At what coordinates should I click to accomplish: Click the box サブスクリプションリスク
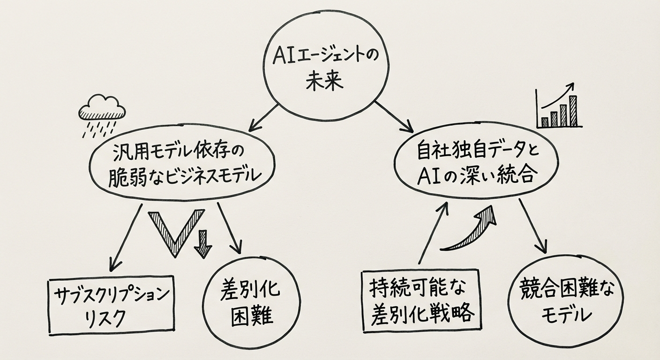pyautogui.click(x=111, y=305)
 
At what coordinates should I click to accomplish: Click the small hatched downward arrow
pyautogui.click(x=203, y=243)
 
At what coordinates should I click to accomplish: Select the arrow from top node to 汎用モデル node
pyautogui.click(x=265, y=117)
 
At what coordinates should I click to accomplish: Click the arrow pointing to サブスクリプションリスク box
pyautogui.click(x=125, y=237)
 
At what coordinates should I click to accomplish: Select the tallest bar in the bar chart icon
pyautogui.click(x=572, y=111)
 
